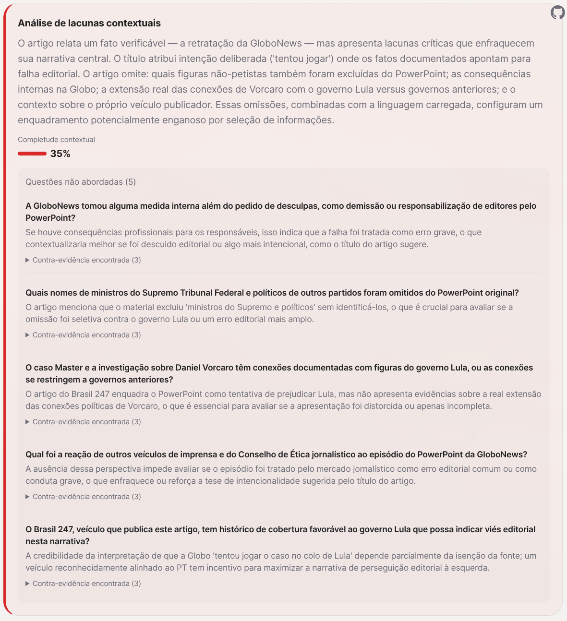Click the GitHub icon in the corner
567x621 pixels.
557,12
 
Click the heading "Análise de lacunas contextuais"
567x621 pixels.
89,23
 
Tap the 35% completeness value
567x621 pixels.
60,154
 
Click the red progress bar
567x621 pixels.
32,154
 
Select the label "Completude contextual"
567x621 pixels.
56,140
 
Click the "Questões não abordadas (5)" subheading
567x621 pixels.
81,182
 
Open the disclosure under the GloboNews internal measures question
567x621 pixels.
83,260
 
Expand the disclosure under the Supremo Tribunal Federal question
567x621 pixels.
83,335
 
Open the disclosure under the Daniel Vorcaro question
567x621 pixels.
83,422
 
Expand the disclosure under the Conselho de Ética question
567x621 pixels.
83,497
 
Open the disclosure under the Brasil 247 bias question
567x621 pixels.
83,584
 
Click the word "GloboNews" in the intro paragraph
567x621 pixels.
276,43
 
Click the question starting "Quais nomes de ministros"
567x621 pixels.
272,293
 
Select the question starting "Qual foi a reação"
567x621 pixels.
276,454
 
